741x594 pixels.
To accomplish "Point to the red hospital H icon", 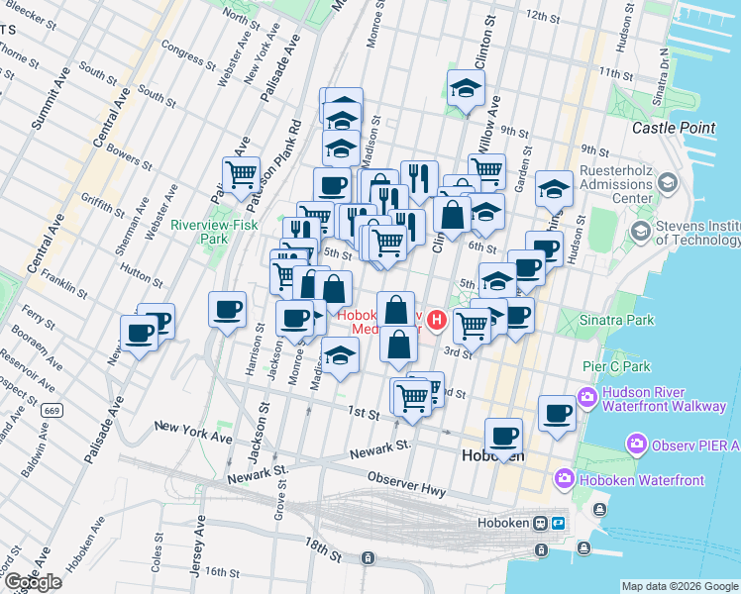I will click(434, 320).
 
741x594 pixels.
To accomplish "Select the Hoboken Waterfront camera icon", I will click(565, 480).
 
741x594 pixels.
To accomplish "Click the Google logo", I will click(33, 582).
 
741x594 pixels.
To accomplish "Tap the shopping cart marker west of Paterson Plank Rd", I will click(241, 175).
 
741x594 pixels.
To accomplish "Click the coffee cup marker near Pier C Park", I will click(558, 412).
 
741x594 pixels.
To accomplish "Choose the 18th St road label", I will click(323, 545).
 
